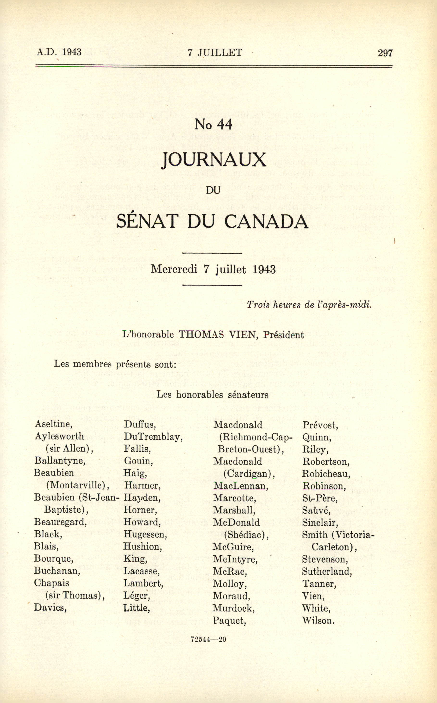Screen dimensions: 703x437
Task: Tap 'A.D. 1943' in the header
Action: (x=59, y=52)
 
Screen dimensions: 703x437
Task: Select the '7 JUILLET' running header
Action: (x=215, y=53)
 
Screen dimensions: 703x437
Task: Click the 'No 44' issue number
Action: (x=214, y=124)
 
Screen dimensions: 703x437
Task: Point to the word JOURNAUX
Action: (x=214, y=160)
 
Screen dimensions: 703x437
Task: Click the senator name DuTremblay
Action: (x=153, y=437)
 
